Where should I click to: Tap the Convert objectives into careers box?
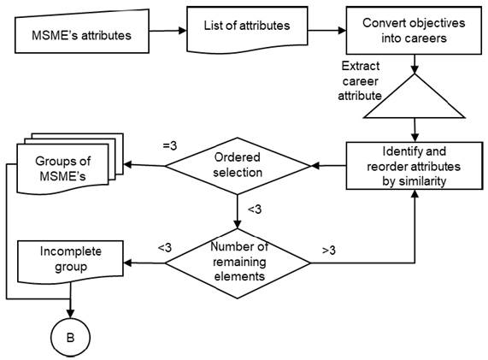click(x=415, y=32)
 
